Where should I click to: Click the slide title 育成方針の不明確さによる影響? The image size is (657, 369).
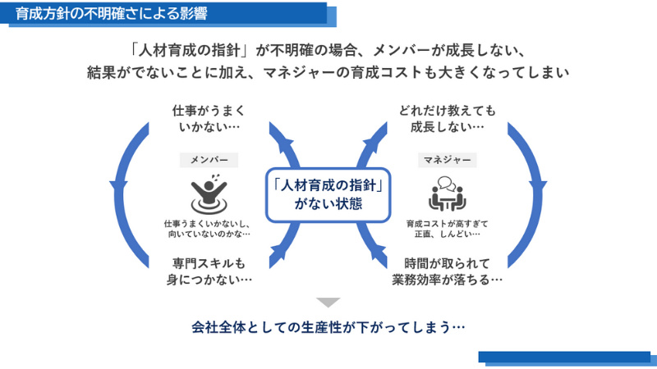[x=112, y=13]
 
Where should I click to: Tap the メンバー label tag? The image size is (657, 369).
[x=209, y=160]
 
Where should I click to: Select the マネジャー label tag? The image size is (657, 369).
[x=447, y=160]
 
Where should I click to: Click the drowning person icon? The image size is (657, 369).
[x=209, y=194]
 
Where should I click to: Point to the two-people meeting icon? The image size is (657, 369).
[x=447, y=194]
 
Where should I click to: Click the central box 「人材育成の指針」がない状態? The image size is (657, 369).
[x=328, y=194]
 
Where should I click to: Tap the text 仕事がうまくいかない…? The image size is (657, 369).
[x=209, y=118]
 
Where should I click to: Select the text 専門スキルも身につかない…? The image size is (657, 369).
[x=209, y=271]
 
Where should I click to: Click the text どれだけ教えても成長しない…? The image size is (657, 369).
[x=447, y=118]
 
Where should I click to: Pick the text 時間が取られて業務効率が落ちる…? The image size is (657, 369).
[x=447, y=271]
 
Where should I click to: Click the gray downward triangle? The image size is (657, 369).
[x=328, y=302]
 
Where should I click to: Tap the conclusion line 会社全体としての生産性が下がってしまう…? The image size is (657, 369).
[x=328, y=326]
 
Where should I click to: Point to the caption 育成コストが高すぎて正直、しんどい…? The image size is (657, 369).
[x=447, y=229]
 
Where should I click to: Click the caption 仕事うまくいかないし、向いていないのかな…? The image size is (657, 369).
[x=209, y=229]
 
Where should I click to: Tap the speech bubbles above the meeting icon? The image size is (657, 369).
[x=446, y=183]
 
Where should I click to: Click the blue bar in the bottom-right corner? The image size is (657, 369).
[x=567, y=358]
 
